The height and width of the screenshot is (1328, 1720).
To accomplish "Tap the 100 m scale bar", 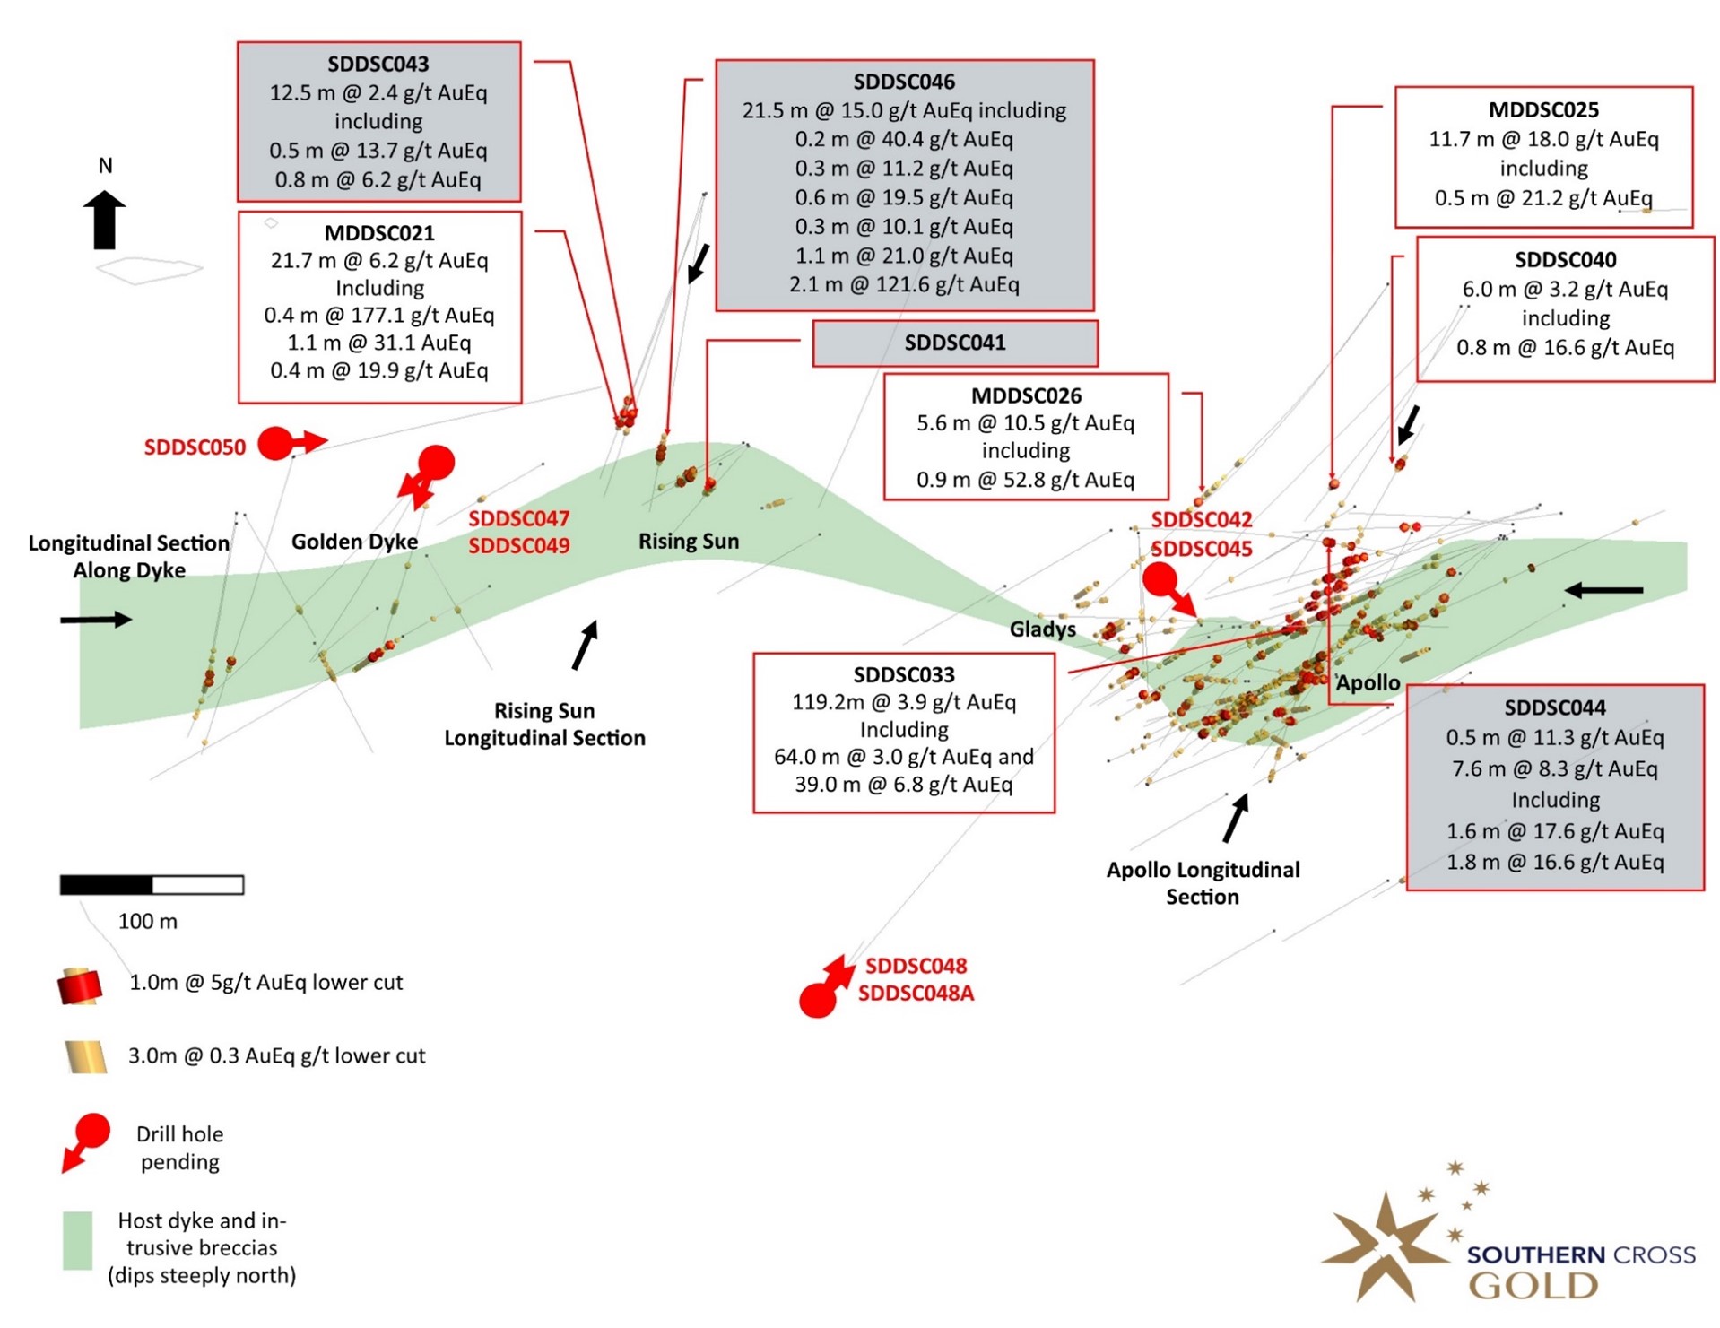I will click(x=152, y=885).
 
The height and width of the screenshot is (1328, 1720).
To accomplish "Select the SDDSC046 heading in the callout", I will click(x=904, y=82).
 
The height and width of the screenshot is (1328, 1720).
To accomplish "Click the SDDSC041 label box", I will click(x=954, y=343).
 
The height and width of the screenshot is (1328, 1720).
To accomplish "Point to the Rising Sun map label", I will click(x=688, y=541).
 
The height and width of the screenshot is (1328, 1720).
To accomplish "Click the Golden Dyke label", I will click(x=354, y=541).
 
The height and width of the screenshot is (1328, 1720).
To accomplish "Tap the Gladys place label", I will click(x=1042, y=629).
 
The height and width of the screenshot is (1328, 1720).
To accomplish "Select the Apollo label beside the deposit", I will click(x=1368, y=682).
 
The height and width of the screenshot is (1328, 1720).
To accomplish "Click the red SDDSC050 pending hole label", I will click(x=195, y=447).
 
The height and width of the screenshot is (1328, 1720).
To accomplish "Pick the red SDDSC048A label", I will click(x=916, y=994).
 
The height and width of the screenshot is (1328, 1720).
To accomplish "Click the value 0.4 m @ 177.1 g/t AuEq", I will click(x=378, y=315).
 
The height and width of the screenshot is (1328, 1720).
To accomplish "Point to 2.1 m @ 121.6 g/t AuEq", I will click(x=904, y=284).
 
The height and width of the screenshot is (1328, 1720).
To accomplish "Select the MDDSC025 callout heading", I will click(x=1542, y=109).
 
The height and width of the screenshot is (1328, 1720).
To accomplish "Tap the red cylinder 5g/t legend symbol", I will click(x=80, y=985).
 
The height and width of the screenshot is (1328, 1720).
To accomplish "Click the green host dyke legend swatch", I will click(x=78, y=1240).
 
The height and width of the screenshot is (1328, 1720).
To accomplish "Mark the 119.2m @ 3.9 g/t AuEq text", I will click(x=903, y=701).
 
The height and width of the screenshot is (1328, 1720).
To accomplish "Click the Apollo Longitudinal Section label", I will click(x=1202, y=882).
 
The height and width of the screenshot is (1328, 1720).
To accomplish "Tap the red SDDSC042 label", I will click(x=1201, y=519).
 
